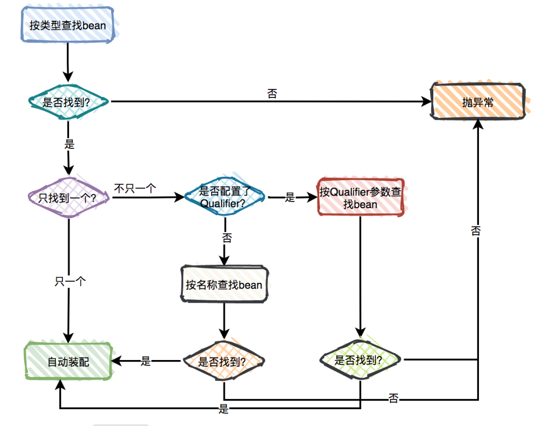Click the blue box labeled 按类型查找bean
point(67,25)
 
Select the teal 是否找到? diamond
point(68,102)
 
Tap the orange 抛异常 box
point(477,102)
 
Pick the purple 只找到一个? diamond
point(68,197)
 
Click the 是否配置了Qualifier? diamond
point(224,197)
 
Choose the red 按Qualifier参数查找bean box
point(361,197)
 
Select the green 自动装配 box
point(68,362)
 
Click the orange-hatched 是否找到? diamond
point(223,362)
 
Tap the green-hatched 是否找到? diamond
point(360,361)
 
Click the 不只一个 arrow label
point(134,188)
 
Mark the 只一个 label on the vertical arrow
point(69,281)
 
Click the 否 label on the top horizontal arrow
point(272,93)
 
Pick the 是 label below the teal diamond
point(70,144)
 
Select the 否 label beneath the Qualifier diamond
point(227,237)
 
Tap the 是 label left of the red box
point(290,198)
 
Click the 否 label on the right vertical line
point(476,231)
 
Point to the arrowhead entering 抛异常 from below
point(477,125)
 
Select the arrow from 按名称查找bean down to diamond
point(224,320)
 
